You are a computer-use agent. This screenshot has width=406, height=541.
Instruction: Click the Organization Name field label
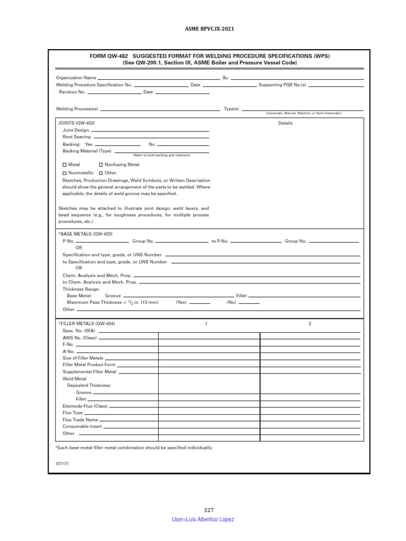[76, 78]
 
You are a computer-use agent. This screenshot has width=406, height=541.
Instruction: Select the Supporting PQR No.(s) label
[282, 85]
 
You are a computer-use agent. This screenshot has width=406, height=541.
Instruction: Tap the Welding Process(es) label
[77, 109]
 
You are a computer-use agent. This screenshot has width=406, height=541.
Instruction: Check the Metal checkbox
[64, 165]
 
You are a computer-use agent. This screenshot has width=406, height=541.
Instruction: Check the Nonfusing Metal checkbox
[101, 165]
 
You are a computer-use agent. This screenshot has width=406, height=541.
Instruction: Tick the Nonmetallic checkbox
[64, 173]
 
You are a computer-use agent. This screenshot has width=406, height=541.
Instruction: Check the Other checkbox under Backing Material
[101, 173]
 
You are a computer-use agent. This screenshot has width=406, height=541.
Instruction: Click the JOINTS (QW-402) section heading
[76, 123]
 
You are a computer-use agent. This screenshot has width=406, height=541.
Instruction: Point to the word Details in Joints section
[285, 123]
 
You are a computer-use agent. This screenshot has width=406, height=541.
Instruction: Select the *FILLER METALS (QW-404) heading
[86, 323]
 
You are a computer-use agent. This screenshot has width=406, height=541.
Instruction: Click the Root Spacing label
[77, 137]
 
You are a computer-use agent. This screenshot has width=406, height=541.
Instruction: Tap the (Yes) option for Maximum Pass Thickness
[182, 303]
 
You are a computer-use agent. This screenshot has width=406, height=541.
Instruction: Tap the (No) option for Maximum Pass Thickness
[232, 303]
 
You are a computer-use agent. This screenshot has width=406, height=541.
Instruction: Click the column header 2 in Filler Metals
[310, 323]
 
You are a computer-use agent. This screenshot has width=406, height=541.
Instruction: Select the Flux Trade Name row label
[80, 419]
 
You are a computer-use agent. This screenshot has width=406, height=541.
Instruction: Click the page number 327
[209, 510]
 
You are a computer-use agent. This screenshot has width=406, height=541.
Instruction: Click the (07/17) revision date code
[62, 463]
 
